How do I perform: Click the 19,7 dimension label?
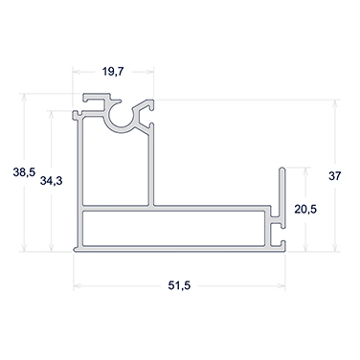(112, 72)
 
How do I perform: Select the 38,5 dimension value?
(24, 172)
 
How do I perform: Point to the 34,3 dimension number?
(51, 181)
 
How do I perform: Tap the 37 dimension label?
(335, 176)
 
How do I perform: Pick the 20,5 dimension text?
(305, 210)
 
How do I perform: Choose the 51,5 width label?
(179, 285)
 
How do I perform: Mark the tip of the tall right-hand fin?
(282, 168)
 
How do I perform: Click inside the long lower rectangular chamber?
(174, 228)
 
